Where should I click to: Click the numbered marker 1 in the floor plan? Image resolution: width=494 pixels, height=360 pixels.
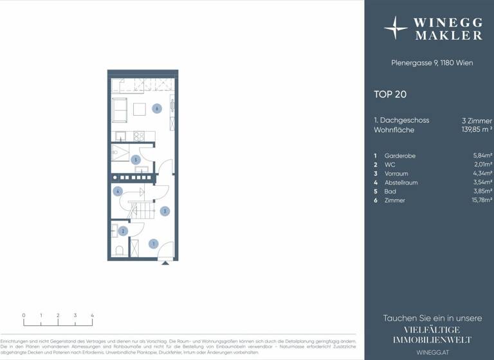(x=153, y=244)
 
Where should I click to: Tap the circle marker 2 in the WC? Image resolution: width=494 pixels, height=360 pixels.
(x=122, y=231)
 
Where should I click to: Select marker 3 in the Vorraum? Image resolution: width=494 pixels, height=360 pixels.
(x=165, y=210)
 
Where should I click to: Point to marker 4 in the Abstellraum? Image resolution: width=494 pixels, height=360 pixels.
(x=118, y=191)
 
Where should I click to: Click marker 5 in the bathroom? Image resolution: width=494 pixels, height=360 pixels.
(x=135, y=159)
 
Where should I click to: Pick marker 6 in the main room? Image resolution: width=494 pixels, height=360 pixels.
(x=156, y=109)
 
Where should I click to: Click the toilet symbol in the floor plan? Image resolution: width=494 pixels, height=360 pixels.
(x=118, y=250)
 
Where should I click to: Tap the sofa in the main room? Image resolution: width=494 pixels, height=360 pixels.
(x=120, y=110)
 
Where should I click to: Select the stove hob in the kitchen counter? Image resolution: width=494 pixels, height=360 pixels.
(x=138, y=136)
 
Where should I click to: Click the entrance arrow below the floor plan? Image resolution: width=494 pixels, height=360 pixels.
(x=165, y=262)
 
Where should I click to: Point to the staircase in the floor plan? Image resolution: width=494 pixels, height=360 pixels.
(x=142, y=210)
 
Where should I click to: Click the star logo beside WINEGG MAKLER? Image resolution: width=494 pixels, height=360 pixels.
(x=396, y=28)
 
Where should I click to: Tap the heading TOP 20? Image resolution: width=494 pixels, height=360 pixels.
(x=390, y=94)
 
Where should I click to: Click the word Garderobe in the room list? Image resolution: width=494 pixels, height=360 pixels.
(x=399, y=156)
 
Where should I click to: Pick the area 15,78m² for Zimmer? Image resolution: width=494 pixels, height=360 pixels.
(x=482, y=201)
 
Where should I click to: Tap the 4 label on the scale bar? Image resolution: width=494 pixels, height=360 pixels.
(x=92, y=316)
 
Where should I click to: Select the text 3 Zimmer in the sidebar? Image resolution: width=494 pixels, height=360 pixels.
(x=477, y=120)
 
